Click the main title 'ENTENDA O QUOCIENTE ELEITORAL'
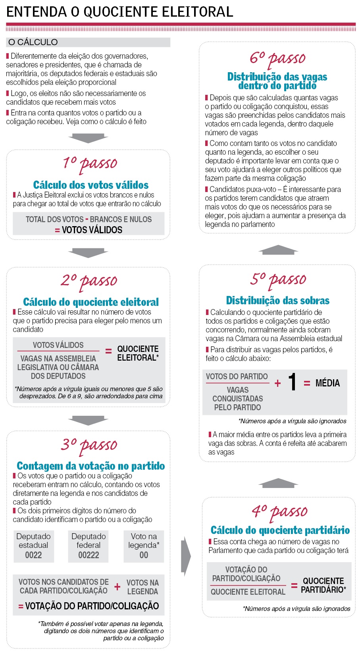(119, 12)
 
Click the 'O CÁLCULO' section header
(33, 42)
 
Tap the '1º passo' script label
(90, 163)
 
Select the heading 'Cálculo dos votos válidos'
(91, 185)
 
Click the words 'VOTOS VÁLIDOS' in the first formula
(92, 230)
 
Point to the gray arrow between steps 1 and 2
(88, 252)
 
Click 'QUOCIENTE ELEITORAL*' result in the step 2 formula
(138, 353)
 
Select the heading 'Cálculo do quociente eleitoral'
(91, 302)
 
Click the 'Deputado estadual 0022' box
(33, 546)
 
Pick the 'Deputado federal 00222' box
(89, 546)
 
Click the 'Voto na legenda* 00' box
(144, 546)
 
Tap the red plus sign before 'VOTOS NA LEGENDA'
(117, 586)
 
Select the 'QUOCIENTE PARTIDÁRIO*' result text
(323, 585)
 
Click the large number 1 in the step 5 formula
(293, 382)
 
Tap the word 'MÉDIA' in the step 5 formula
(327, 383)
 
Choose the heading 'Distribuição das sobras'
(278, 300)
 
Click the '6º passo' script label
(277, 58)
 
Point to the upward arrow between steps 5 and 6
(278, 250)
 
